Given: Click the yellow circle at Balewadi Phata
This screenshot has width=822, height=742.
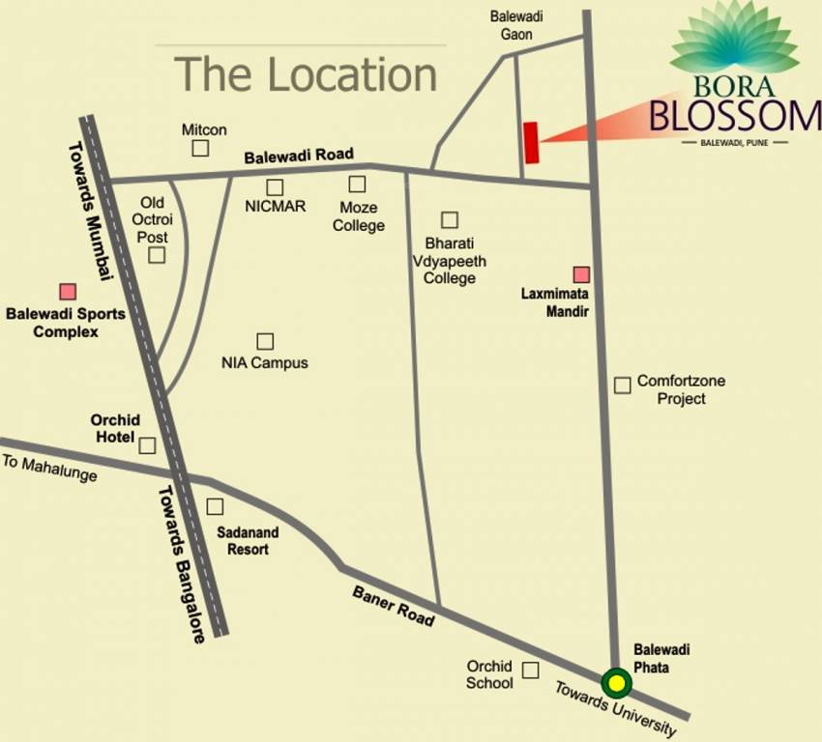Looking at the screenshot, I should (616, 683).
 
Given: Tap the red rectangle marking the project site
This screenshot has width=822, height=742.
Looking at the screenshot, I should (530, 143).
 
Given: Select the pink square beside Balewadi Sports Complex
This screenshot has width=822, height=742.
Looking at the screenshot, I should (68, 291).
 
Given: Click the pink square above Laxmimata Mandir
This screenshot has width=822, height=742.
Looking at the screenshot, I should (580, 274).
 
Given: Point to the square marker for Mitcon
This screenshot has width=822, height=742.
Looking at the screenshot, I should (200, 148).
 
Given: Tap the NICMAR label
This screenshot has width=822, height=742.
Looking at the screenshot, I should (276, 206).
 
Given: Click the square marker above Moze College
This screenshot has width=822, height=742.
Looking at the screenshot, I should (358, 184).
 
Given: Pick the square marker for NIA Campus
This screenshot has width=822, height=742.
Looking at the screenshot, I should (264, 341).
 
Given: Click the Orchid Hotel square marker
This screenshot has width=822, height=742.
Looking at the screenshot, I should (147, 445).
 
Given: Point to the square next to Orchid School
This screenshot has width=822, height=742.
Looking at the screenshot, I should (530, 670).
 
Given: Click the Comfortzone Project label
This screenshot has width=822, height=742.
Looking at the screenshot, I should (681, 389).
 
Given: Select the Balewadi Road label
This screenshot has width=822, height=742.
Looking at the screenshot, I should (299, 155).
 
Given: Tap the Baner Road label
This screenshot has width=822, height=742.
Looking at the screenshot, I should (393, 606).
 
